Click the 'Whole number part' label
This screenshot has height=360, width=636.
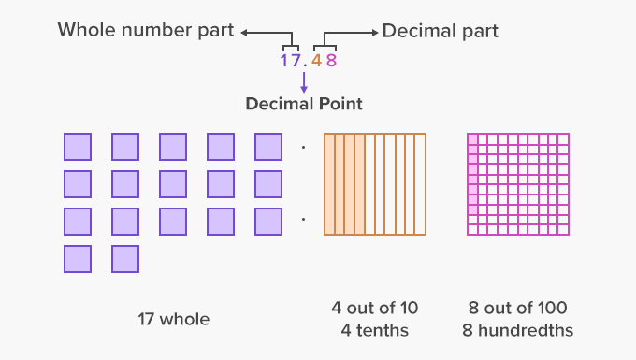click(x=146, y=30)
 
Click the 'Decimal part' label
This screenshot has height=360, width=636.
click(x=440, y=31)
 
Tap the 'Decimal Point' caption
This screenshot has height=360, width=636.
click(x=304, y=104)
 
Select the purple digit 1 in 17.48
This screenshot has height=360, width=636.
click(x=284, y=63)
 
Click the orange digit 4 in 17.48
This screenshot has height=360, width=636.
click(x=317, y=63)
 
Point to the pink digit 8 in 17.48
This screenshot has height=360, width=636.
click(x=330, y=63)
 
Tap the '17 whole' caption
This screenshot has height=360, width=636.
click(x=173, y=320)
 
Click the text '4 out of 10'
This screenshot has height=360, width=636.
click(x=374, y=309)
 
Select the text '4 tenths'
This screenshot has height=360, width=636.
click(x=374, y=330)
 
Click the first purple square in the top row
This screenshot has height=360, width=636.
click(x=78, y=147)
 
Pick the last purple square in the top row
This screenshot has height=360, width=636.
click(x=268, y=147)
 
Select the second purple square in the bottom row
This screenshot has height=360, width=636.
click(x=125, y=259)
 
